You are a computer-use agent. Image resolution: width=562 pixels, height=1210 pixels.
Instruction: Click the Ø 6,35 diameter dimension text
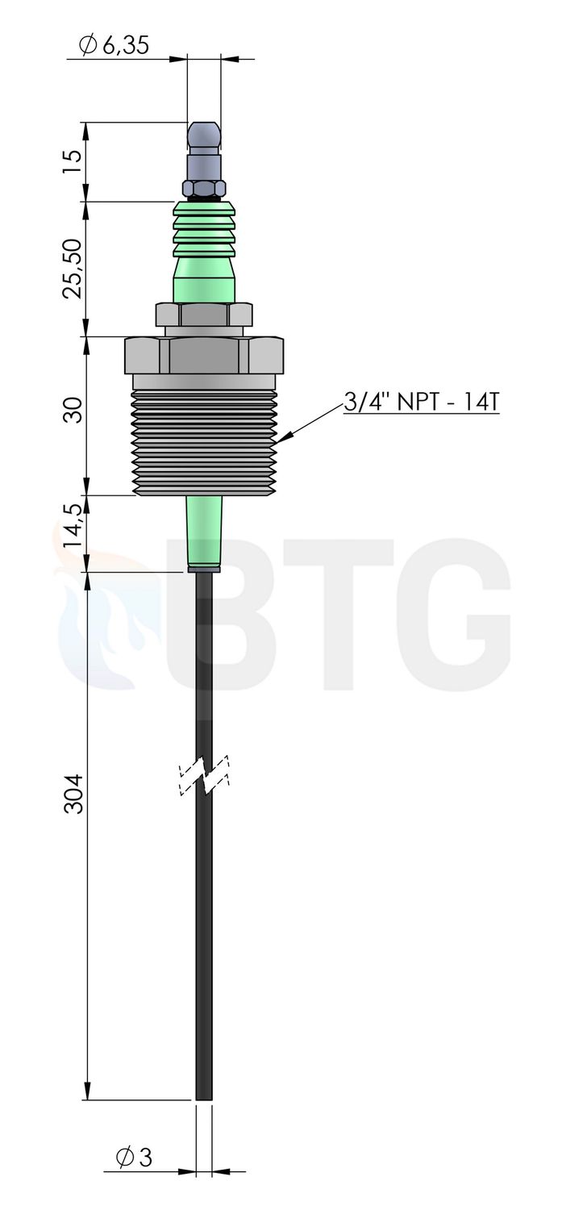[114, 45]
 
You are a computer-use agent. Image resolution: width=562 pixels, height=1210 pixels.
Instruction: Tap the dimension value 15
[73, 161]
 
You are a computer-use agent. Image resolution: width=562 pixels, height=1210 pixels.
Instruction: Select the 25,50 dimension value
[73, 269]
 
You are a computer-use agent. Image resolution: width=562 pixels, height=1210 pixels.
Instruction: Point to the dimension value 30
[73, 410]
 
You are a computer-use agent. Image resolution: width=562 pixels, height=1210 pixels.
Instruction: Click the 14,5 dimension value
[73, 525]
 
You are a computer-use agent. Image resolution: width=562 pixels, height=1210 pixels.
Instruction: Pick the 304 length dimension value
[73, 794]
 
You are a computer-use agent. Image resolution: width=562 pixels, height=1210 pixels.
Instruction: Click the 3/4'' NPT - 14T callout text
[421, 402]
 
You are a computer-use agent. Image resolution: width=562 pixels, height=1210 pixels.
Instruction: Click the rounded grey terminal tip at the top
[203, 139]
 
